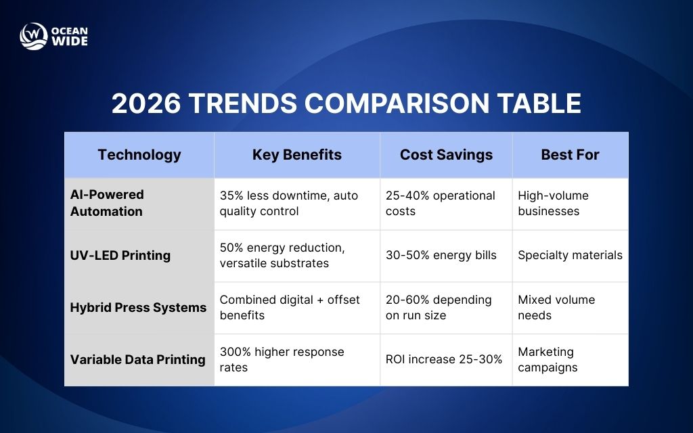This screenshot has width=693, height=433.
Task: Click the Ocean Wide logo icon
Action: (33, 37)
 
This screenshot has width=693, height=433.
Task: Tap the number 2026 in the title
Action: (146, 104)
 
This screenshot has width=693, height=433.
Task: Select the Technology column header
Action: (139, 155)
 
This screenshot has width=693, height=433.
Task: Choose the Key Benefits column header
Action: (296, 155)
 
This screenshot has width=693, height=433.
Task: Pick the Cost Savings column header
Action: (445, 155)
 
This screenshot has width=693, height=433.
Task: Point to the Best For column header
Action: (570, 155)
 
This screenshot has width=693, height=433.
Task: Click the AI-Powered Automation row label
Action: (107, 203)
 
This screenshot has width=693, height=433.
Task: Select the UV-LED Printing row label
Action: (120, 255)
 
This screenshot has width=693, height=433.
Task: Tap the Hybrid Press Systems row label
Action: (138, 307)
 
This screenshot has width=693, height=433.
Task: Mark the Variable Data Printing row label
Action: (138, 359)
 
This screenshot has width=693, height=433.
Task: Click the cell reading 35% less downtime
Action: (288, 203)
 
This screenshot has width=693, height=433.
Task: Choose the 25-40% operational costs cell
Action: (440, 203)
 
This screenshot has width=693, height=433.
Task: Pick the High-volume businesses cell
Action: (553, 203)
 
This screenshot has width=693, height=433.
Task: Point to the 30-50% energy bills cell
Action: (441, 255)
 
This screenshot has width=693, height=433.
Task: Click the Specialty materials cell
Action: (570, 255)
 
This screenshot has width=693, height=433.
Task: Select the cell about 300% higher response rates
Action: (282, 359)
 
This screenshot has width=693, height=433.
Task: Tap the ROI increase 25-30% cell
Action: (443, 359)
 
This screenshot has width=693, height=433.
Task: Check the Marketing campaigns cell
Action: (547, 359)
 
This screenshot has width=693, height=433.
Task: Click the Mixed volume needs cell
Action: (556, 307)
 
